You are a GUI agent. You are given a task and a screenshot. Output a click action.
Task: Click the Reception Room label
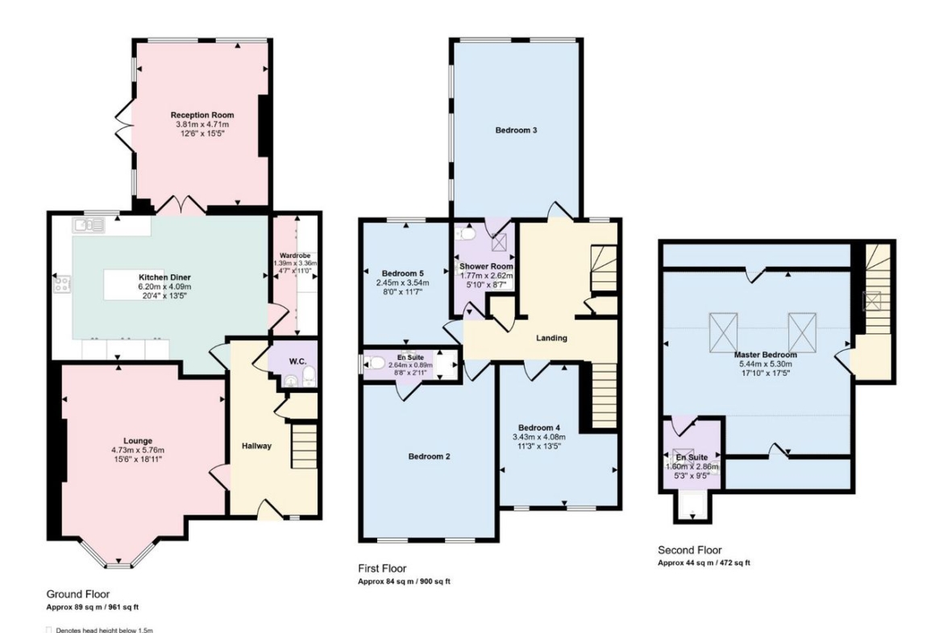point(202,115)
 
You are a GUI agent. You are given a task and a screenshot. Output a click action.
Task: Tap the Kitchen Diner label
point(164,277)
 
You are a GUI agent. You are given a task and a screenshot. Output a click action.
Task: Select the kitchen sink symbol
point(89,226)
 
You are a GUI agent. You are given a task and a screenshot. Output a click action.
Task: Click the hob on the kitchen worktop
point(63,284)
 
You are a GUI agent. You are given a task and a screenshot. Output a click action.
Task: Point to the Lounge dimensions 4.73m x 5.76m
point(138,450)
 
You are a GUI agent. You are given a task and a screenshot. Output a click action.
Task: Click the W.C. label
point(297,361)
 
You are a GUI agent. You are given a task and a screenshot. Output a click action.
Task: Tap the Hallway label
point(257,446)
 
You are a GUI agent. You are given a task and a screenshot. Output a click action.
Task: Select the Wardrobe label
point(295,256)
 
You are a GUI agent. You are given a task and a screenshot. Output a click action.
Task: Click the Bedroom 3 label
point(516,130)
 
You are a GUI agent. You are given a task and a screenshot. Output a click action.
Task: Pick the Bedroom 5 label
point(403,273)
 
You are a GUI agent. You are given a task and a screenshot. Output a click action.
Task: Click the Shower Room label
point(487,266)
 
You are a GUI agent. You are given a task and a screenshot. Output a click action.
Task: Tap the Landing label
point(551,338)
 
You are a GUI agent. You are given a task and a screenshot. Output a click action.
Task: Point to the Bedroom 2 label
point(429,456)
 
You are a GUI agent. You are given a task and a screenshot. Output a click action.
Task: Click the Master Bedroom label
point(766,355)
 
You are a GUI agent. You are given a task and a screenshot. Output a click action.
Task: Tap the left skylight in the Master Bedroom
point(724,332)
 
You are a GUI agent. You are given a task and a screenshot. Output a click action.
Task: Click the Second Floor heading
point(689,550)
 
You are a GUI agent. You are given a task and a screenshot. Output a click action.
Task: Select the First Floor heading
point(382,568)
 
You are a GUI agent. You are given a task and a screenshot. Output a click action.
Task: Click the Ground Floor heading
point(78,594)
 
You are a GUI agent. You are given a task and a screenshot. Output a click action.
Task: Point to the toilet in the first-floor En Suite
point(376,363)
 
